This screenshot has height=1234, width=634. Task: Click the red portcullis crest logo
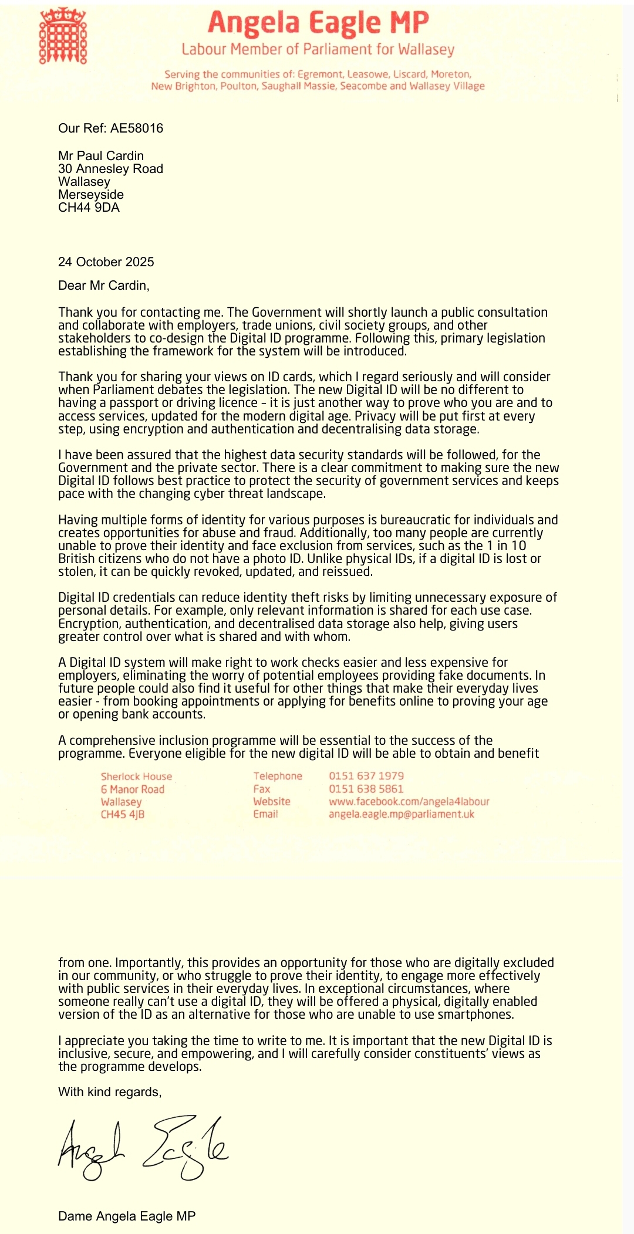pos(63,36)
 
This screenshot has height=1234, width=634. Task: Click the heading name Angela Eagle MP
pos(318,23)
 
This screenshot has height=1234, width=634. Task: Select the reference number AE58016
pos(137,128)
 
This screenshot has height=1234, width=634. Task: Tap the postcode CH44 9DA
pos(89,208)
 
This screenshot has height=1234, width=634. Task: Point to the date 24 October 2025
pos(106,262)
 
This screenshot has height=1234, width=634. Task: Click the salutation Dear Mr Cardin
pos(103,286)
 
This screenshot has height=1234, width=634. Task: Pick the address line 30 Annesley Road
pos(110,169)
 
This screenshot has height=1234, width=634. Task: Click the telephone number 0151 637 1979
pos(366,776)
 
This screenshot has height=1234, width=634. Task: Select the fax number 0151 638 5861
pos(366,789)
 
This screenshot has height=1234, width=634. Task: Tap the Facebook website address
pos(409,801)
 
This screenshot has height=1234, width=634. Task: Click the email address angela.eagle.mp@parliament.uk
pos(401,814)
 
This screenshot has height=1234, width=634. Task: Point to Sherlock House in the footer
pos(136,777)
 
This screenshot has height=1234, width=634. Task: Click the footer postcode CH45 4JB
pos(122,815)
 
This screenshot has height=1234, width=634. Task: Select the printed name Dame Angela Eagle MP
pos(126,1216)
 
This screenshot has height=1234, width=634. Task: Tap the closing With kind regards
pos(109,1091)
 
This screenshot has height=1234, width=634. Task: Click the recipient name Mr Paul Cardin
pos(100,156)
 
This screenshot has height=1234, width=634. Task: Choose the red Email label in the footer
pos(265,814)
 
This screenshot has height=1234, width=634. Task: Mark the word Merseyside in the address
pos(90,195)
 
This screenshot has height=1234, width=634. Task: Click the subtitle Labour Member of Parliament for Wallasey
pos(318,49)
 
